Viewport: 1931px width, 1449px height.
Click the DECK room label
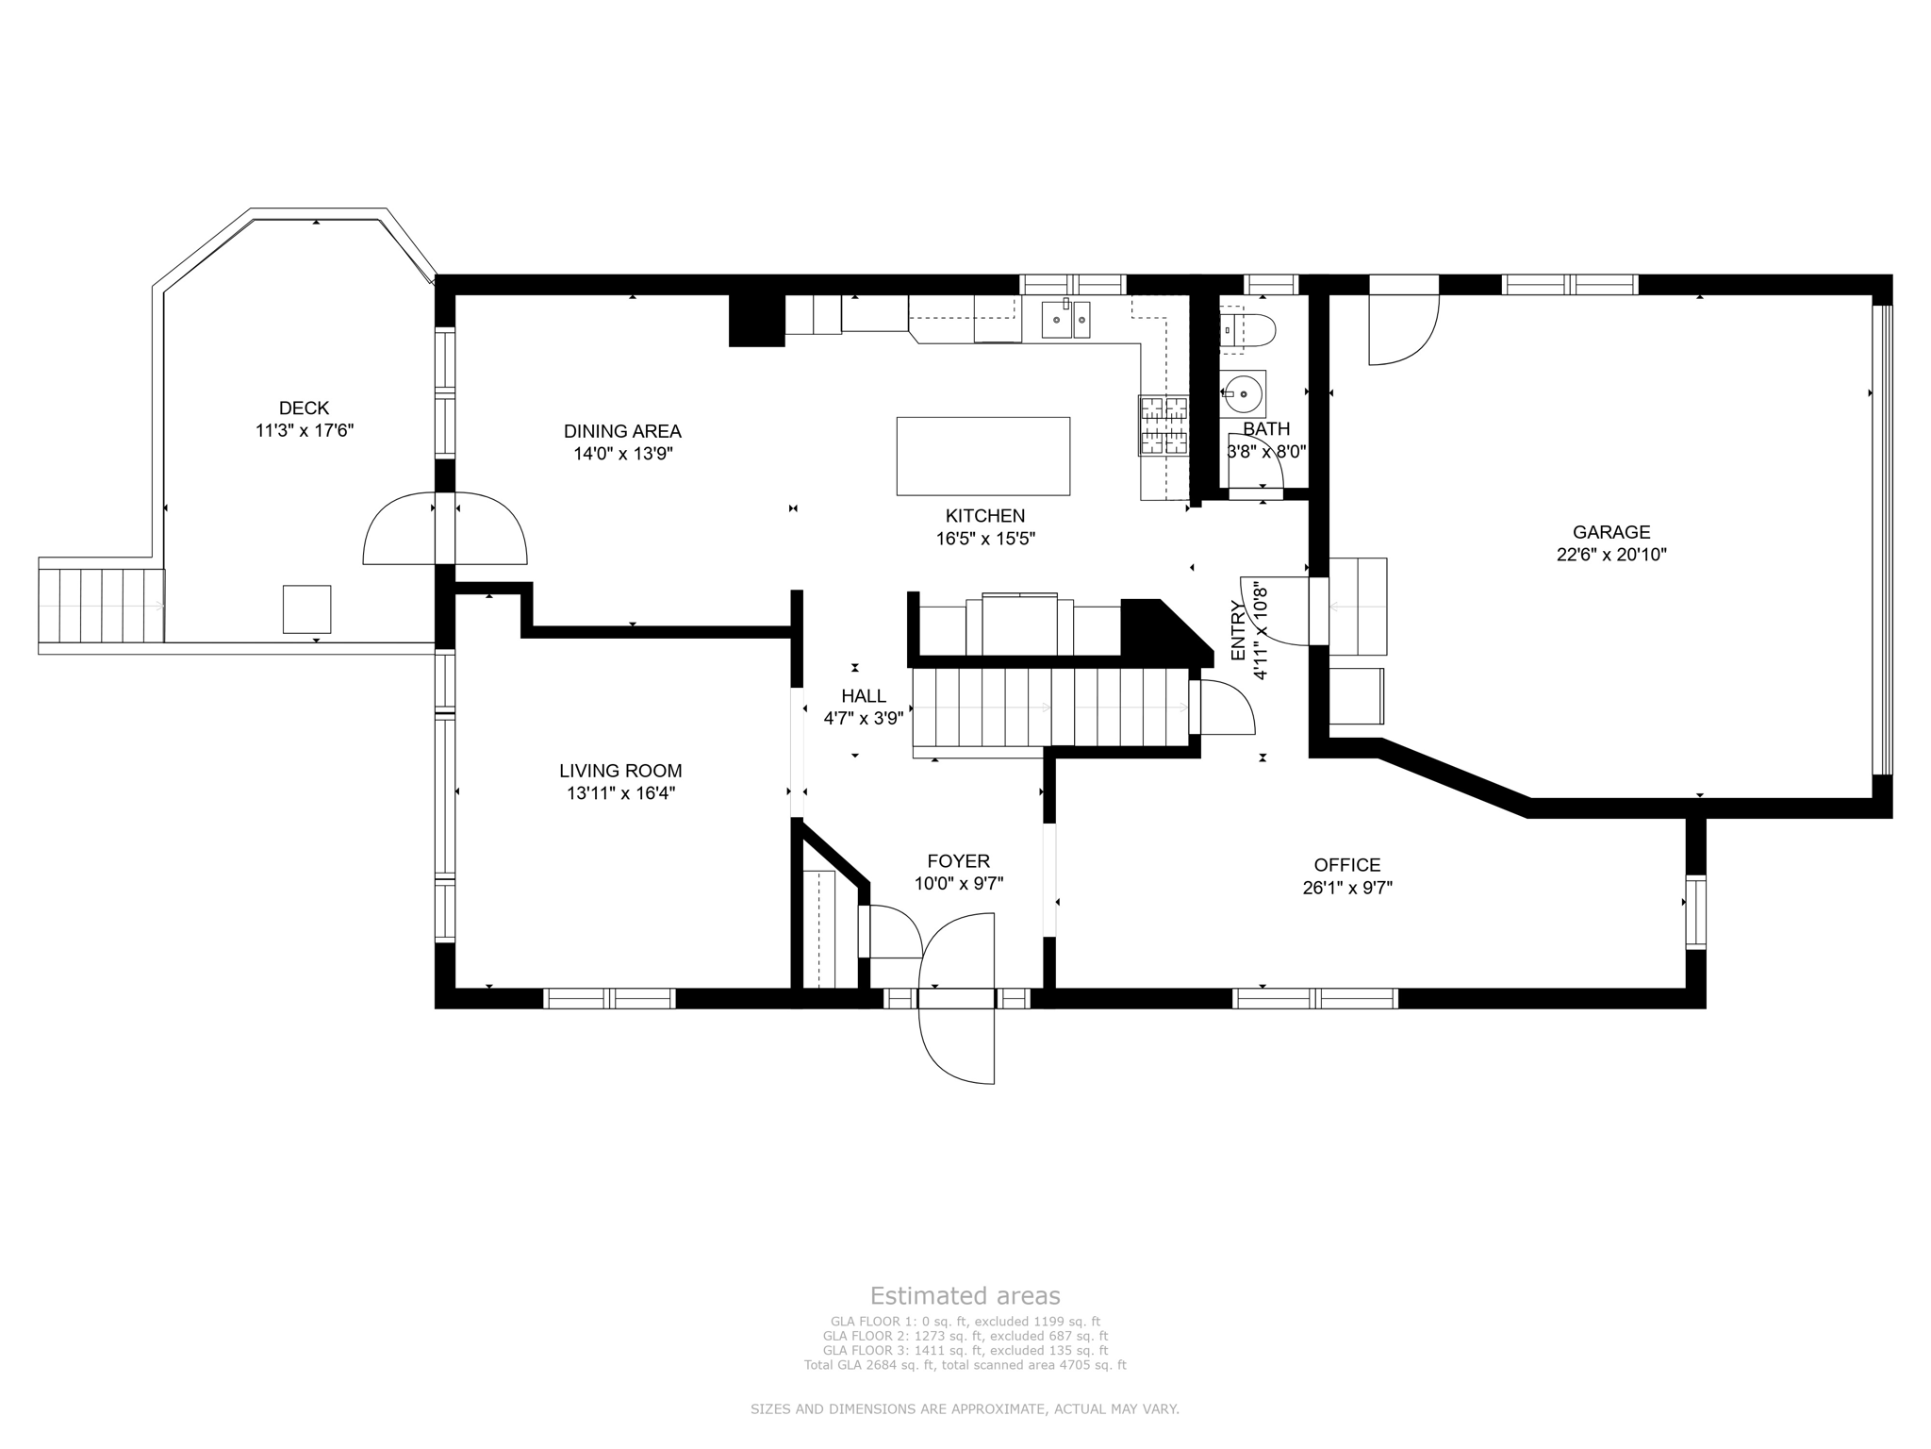[x=304, y=408]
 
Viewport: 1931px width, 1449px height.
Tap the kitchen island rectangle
[x=982, y=456]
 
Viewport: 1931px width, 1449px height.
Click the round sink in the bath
[x=1245, y=393]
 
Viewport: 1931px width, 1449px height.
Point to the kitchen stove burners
[x=1164, y=425]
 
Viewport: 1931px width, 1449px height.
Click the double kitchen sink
[x=1066, y=320]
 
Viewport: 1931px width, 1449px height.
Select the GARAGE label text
[x=1611, y=532]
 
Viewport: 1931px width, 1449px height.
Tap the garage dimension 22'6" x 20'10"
[x=1611, y=555]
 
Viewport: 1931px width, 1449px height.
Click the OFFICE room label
[x=1347, y=865]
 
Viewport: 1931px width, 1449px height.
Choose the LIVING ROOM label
[x=620, y=771]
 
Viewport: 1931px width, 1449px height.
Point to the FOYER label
[x=958, y=861]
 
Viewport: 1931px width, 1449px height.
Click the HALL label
[x=864, y=696]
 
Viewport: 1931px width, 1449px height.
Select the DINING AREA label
[x=622, y=431]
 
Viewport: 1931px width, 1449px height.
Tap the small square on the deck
[x=307, y=609]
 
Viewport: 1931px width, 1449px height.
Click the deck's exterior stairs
[x=101, y=605]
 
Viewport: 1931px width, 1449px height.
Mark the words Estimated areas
[x=965, y=1295]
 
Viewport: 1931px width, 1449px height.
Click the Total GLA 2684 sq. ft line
[x=965, y=1365]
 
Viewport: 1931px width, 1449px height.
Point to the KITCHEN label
[x=985, y=516]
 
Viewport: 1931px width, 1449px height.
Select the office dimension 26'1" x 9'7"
[x=1347, y=888]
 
